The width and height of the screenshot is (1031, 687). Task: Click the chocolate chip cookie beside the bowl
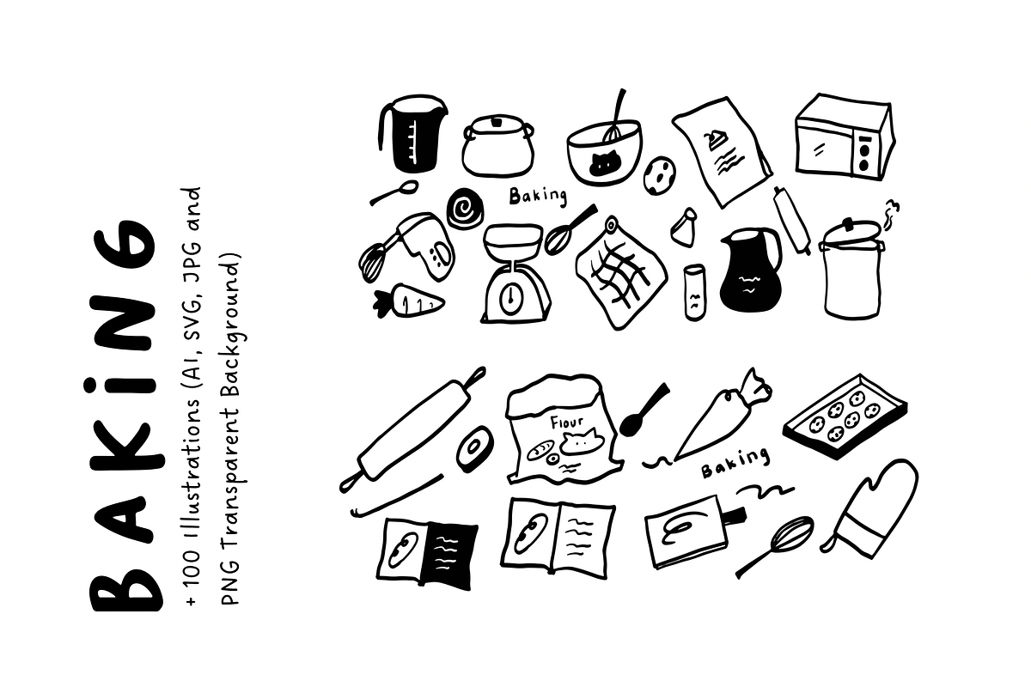[660, 175]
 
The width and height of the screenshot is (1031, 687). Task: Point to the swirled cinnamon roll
[465, 209]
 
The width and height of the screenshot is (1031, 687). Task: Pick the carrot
[408, 301]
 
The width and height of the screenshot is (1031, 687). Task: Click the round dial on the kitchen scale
[511, 299]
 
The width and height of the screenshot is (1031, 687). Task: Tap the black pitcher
[750, 269]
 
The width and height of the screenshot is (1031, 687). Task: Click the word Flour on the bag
[567, 422]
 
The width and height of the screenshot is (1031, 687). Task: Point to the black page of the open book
[449, 555]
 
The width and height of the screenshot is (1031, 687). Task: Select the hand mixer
[407, 247]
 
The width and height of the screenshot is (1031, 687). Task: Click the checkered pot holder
[620, 274]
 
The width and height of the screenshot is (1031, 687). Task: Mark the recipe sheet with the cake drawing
[722, 151]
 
